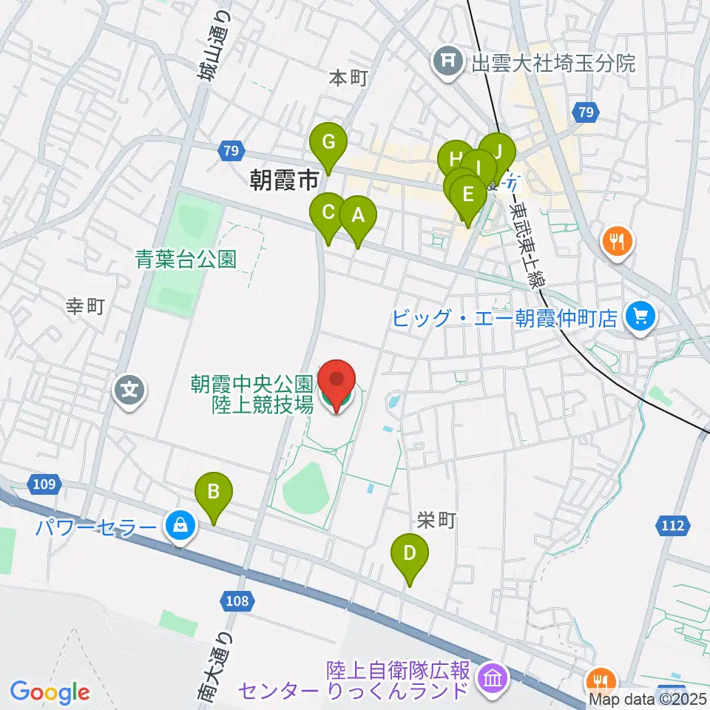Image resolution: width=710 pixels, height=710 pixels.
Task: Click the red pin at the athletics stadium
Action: [337, 382]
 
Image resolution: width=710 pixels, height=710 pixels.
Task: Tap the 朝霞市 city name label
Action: [284, 180]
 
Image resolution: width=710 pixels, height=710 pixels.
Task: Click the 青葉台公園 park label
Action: [186, 259]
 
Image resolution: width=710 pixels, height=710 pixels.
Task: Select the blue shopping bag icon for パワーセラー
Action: [180, 527]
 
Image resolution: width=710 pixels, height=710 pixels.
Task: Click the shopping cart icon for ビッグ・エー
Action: [638, 318]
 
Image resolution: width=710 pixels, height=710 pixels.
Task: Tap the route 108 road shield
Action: [237, 601]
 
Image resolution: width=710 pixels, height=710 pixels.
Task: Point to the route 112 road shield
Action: [673, 526]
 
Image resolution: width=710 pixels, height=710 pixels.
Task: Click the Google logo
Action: [50, 692]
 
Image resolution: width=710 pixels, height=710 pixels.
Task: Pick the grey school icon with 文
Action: [130, 388]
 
